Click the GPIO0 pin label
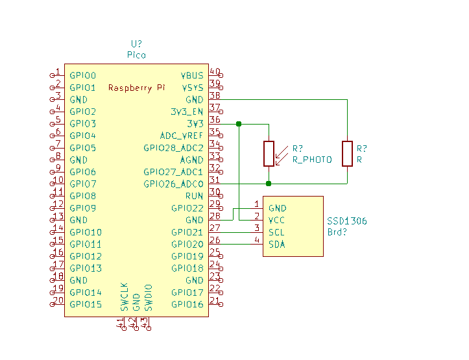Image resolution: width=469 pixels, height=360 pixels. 82,75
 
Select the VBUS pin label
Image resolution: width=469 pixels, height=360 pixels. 192,75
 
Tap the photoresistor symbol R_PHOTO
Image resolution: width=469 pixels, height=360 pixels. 269,153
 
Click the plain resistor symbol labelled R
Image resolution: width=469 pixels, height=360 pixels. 348,153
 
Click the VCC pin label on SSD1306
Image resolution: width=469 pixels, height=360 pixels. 277,220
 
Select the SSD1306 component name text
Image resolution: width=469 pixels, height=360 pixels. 346,221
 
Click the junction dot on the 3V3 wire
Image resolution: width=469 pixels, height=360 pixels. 239,123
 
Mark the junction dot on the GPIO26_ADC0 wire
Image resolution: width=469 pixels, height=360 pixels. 269,184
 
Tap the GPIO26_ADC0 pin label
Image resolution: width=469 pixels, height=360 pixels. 173,184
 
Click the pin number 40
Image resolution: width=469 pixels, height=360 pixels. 214,72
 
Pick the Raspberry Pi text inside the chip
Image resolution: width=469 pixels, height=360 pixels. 136,88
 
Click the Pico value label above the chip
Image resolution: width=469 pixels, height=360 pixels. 136,55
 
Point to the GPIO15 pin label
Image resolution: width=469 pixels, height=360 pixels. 86,304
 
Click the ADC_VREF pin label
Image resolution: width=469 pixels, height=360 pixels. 182,136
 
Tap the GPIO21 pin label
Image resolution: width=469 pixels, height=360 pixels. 187,232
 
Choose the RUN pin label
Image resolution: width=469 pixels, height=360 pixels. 194,196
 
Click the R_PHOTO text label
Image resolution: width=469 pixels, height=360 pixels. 312,160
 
